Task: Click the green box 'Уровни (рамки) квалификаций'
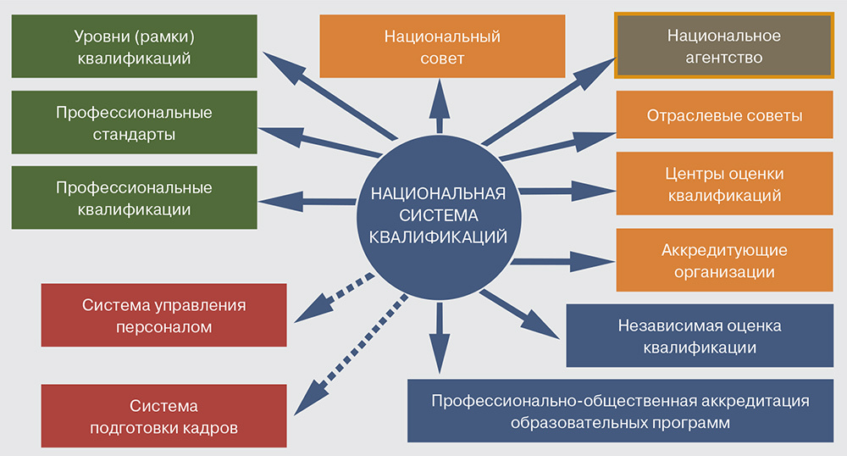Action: (134, 48)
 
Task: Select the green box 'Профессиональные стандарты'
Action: (134, 123)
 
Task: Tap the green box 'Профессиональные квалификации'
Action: (134, 197)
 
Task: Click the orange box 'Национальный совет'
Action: (441, 47)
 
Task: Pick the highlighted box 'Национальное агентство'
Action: (723, 47)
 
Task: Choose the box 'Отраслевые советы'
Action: (724, 115)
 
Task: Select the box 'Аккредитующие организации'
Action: (724, 261)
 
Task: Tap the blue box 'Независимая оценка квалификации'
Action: (699, 336)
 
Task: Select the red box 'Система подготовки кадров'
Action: (163, 416)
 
